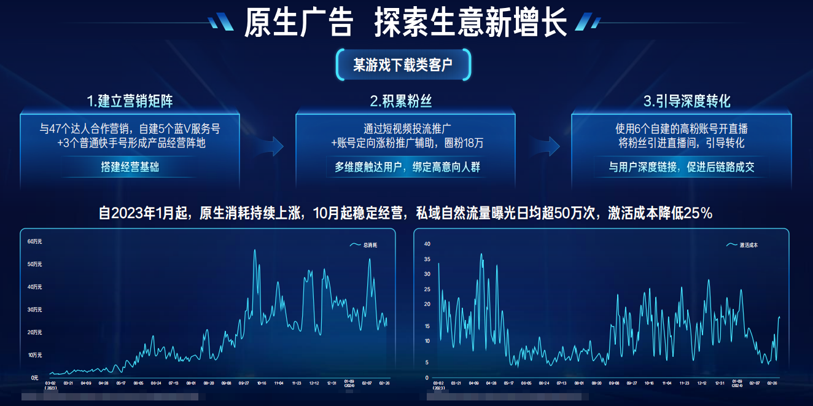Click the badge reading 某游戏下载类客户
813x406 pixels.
click(x=403, y=65)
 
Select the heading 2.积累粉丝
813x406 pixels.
click(x=405, y=101)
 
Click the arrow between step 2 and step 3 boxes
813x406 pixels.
click(x=548, y=146)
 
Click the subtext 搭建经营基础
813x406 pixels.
click(x=130, y=167)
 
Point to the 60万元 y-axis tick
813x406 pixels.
click(x=34, y=241)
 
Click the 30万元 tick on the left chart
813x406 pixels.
click(x=34, y=310)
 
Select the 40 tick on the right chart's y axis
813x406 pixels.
click(x=427, y=244)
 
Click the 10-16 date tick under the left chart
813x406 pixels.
click(x=261, y=383)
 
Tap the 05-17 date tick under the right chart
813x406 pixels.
click(x=508, y=383)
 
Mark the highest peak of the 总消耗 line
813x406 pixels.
click(x=255, y=250)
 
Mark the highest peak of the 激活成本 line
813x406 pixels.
click(x=481, y=254)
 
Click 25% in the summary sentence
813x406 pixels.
click(x=699, y=214)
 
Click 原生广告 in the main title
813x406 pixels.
click(x=298, y=23)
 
